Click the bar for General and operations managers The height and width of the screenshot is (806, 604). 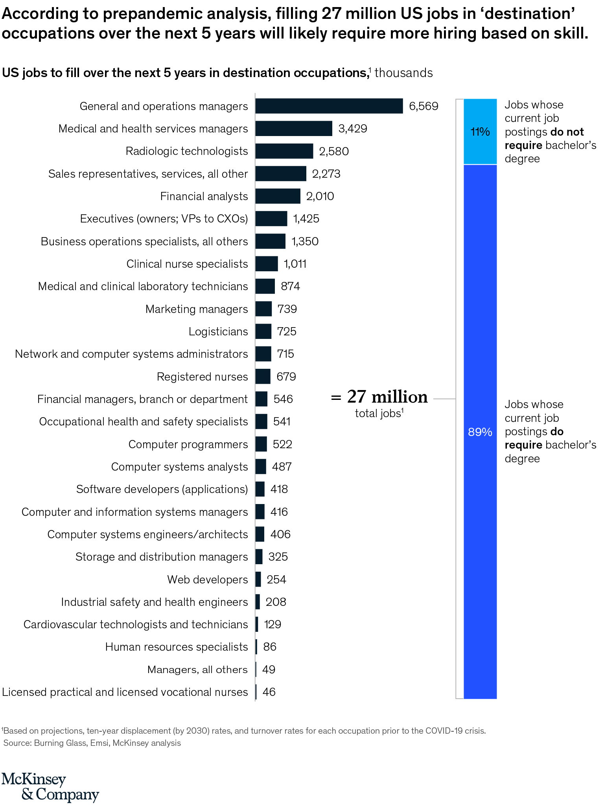click(329, 106)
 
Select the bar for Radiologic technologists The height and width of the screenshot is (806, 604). click(284, 151)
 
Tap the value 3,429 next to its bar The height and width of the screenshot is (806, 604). click(352, 129)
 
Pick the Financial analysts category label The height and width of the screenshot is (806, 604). click(204, 196)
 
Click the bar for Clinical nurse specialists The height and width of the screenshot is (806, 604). click(266, 264)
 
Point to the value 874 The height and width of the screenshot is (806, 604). click(290, 286)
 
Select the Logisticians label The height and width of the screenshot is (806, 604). click(218, 331)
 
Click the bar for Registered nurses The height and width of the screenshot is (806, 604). click(263, 376)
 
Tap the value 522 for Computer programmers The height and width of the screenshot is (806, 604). click(282, 444)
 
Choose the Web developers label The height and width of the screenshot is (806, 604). click(207, 580)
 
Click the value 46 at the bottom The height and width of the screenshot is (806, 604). click(269, 692)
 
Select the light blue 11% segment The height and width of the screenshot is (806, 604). click(480, 132)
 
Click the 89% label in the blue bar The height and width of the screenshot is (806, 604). click(480, 432)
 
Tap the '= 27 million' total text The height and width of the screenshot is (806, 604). click(379, 397)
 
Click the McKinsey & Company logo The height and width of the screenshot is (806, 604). click(50, 788)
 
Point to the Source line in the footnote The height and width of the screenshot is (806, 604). click(92, 743)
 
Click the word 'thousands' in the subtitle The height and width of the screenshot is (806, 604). click(403, 73)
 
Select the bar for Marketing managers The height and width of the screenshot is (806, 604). click(263, 309)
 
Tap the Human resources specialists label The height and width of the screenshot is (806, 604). click(176, 647)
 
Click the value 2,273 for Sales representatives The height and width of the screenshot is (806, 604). click(326, 174)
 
